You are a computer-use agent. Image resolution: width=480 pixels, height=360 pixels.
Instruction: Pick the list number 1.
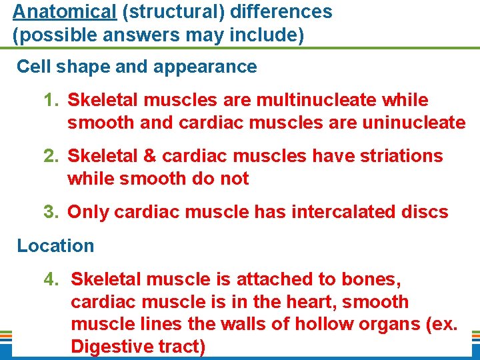[50, 100]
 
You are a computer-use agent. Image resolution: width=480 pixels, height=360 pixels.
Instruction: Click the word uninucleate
[407, 123]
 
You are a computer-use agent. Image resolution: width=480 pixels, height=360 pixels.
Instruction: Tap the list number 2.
[50, 156]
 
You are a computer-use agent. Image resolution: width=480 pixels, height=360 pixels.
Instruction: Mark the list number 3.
[50, 212]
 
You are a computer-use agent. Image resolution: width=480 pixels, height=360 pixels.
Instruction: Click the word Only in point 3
[89, 212]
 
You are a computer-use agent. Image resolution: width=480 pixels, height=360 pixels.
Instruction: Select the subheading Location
[55, 245]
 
